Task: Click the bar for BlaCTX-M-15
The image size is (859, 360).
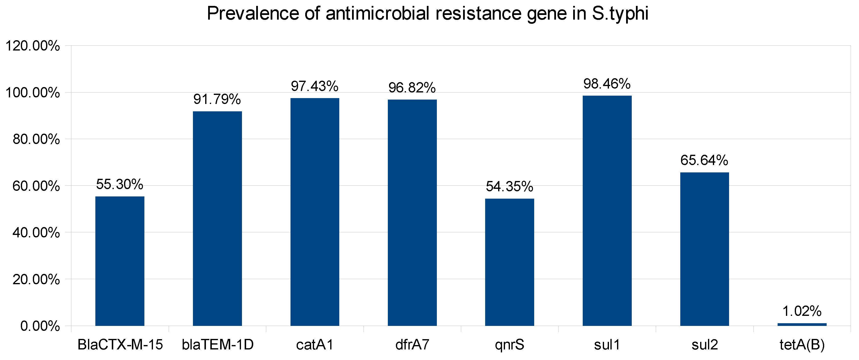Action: click(120, 261)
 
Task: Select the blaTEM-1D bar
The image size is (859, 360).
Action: click(217, 219)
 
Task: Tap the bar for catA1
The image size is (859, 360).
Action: click(315, 212)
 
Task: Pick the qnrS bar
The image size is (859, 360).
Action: click(509, 262)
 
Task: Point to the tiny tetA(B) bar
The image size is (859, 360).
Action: click(802, 324)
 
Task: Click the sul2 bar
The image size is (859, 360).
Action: click(705, 249)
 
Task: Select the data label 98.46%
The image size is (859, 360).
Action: click(607, 84)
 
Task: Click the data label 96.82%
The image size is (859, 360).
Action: click(412, 88)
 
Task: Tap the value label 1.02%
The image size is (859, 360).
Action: click(802, 311)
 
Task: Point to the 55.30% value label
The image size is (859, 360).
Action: click(120, 184)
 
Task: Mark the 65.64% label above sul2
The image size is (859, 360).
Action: click(704, 160)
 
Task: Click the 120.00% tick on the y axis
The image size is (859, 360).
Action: click(33, 46)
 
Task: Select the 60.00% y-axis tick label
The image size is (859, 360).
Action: click(36, 186)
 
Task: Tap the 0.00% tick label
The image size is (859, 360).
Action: click(40, 326)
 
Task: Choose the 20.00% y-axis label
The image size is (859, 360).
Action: click(36, 279)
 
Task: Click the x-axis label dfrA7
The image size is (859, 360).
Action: click(412, 345)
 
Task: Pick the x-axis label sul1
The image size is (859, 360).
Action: click(607, 345)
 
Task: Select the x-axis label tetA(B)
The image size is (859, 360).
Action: click(802, 345)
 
